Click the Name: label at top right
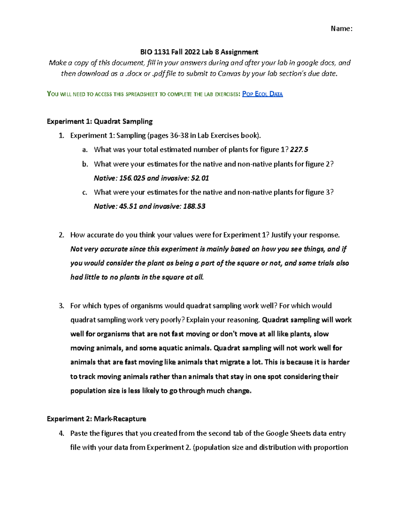click(x=341, y=29)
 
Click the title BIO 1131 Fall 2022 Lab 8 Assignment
click(x=199, y=52)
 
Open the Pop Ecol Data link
click(x=262, y=94)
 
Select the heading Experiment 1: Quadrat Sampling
click(x=100, y=121)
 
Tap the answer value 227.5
click(x=299, y=150)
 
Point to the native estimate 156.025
click(x=132, y=178)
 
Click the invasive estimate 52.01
click(x=200, y=178)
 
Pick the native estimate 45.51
click(x=128, y=206)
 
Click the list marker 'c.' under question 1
click(x=85, y=192)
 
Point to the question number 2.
click(x=61, y=235)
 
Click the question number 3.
click(x=61, y=306)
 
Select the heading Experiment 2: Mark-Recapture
click(x=96, y=419)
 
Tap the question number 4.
click(x=61, y=433)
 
